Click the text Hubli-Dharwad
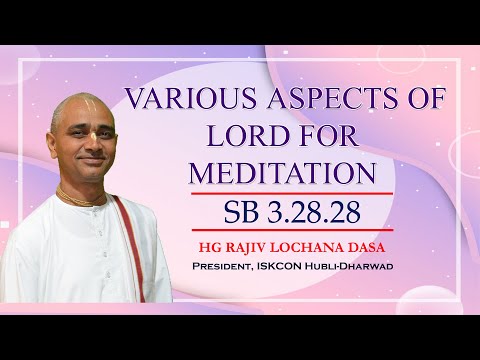pyautogui.click(x=369, y=266)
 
